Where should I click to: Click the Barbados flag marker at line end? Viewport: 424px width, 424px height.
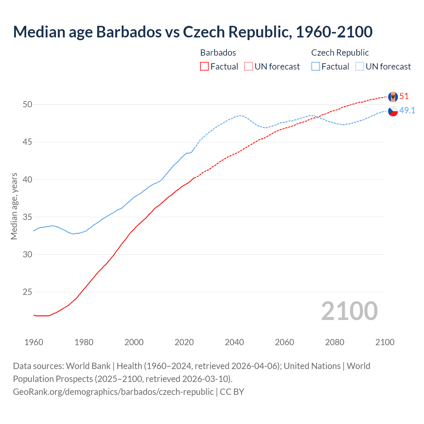[x=393, y=97]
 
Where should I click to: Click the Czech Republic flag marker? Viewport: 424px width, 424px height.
[x=393, y=111]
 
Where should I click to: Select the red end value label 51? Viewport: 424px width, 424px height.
[x=404, y=96]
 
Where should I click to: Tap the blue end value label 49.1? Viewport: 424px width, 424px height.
[x=407, y=111]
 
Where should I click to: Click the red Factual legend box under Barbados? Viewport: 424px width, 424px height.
[x=204, y=67]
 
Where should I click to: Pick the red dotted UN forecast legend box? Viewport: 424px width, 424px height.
[x=248, y=67]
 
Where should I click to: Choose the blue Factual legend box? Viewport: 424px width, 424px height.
[x=316, y=67]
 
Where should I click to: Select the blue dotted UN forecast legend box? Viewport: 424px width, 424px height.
[x=360, y=67]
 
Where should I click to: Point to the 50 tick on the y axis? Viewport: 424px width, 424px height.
[x=27, y=105]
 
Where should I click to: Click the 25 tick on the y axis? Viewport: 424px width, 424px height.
[x=27, y=292]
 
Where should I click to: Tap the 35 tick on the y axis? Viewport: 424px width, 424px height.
[x=27, y=217]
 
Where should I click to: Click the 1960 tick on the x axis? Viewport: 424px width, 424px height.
[x=34, y=342]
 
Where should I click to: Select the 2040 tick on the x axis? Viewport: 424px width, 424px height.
[x=234, y=342]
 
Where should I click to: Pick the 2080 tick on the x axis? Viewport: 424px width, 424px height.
[x=335, y=342]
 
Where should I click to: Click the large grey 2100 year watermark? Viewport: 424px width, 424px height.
[x=349, y=311]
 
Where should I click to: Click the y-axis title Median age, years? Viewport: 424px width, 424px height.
[x=14, y=206]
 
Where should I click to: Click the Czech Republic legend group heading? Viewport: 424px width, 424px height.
[x=340, y=53]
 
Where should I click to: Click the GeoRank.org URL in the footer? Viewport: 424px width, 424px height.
[x=113, y=392]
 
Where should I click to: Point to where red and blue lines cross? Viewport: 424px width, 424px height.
[x=317, y=117]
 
